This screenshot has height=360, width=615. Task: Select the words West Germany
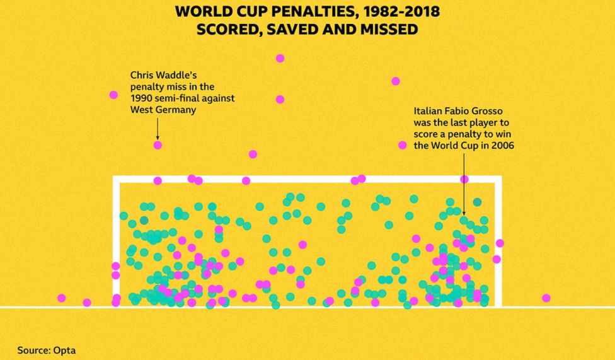coord(163,110)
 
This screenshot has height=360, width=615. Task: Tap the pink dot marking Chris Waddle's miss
coord(158,145)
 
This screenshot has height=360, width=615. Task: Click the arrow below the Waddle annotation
coord(158,129)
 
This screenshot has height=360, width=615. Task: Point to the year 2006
coord(502,145)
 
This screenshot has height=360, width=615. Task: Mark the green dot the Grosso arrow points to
coord(464,221)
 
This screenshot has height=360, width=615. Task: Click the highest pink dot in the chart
coord(280,58)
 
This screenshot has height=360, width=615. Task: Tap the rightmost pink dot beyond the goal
coord(546,298)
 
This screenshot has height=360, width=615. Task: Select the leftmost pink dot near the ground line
coord(61,298)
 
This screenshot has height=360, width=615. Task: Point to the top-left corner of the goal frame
coord(116,178)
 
